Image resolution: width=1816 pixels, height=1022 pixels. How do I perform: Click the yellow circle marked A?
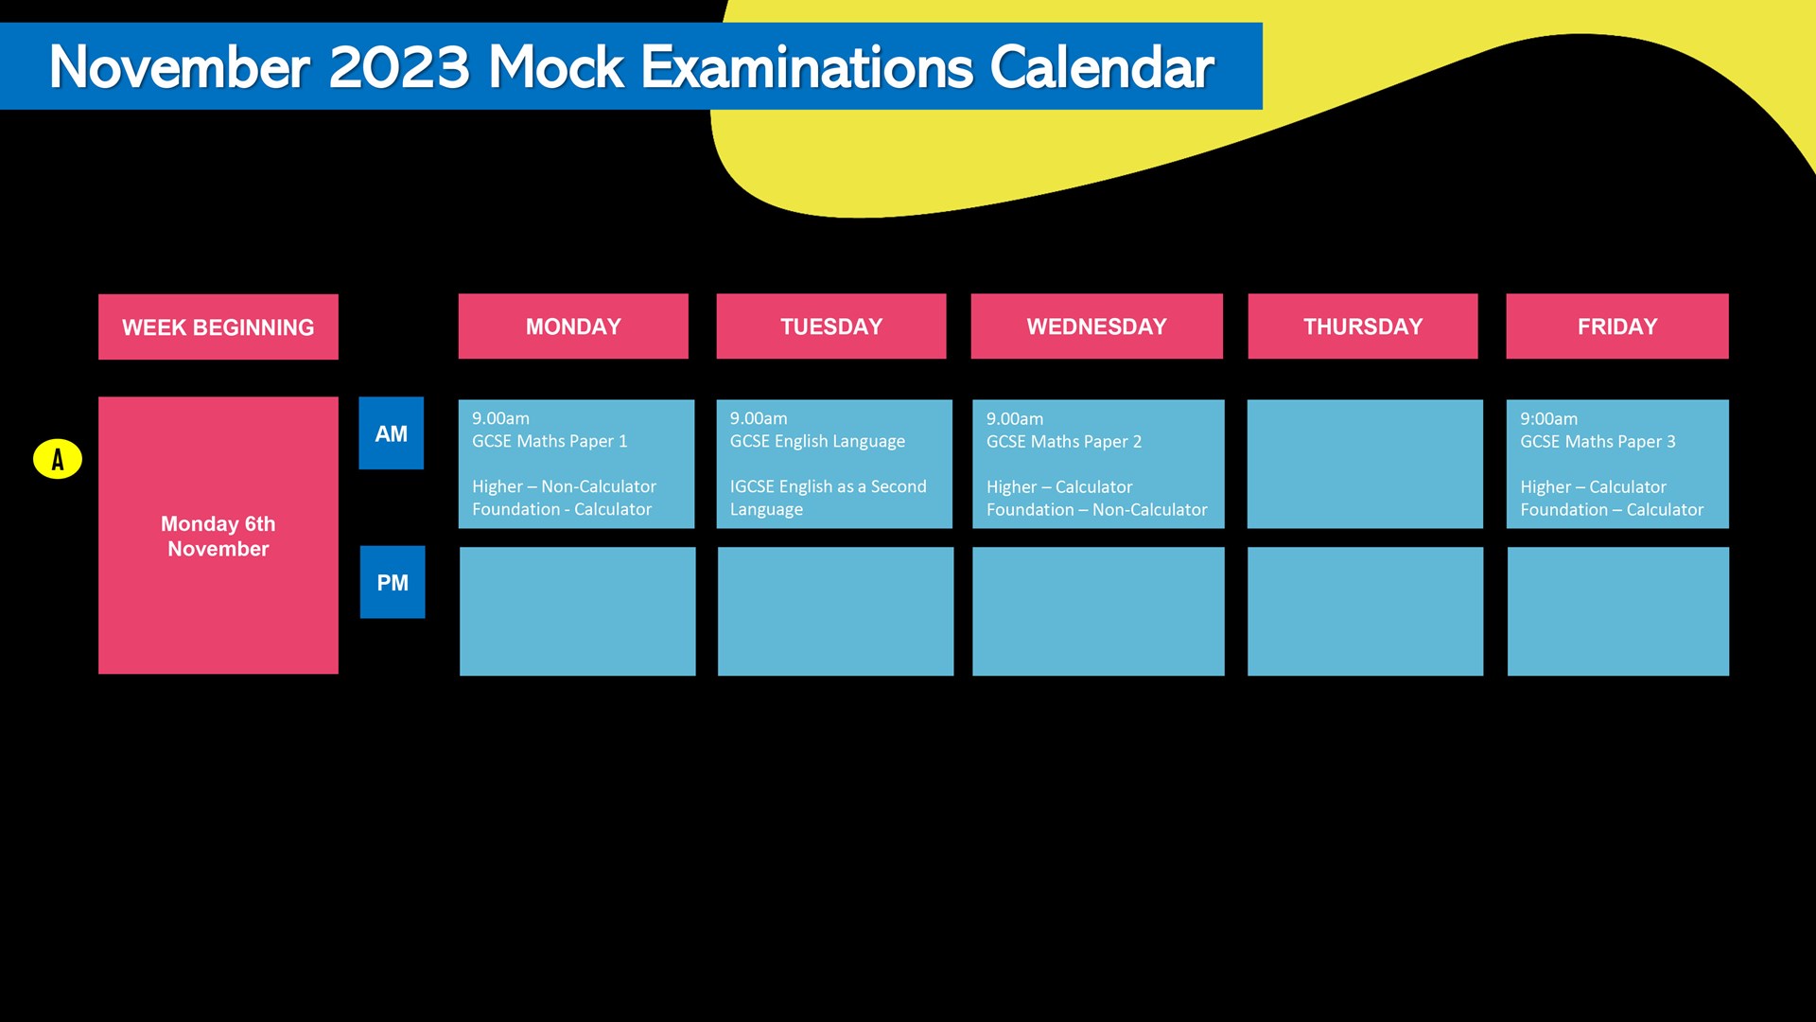(x=58, y=459)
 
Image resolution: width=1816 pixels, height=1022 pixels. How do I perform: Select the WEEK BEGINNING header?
(x=218, y=326)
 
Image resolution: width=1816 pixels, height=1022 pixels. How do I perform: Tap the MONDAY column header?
(x=573, y=326)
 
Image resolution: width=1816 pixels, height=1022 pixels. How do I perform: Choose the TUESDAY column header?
(x=831, y=326)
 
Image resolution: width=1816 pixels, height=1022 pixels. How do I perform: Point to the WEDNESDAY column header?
(x=1097, y=326)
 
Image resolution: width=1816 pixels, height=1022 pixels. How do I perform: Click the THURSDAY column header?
(x=1363, y=326)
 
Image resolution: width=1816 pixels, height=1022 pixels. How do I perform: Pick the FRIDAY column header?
(x=1617, y=326)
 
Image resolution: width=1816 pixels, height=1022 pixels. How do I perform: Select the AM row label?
(x=392, y=433)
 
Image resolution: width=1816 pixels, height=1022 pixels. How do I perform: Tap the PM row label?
(x=393, y=582)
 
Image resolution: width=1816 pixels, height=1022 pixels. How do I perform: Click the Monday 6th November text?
(x=218, y=536)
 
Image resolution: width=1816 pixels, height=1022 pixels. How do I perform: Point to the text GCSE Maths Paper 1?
(x=550, y=441)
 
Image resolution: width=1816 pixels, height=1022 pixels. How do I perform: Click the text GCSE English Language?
(x=817, y=441)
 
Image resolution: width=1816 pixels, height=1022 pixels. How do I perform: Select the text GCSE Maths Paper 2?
(x=1064, y=442)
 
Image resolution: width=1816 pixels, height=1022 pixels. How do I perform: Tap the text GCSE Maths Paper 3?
(x=1598, y=442)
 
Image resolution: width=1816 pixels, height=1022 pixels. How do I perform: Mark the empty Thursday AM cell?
(x=1365, y=464)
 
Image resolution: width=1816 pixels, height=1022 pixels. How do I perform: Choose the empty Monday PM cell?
(x=578, y=611)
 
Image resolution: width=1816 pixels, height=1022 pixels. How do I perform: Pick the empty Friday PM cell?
(x=1618, y=611)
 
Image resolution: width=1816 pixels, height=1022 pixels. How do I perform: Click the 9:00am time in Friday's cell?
(x=1549, y=418)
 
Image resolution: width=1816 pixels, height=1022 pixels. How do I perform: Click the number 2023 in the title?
(x=399, y=67)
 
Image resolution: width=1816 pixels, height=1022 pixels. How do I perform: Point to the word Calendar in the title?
(x=1102, y=67)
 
